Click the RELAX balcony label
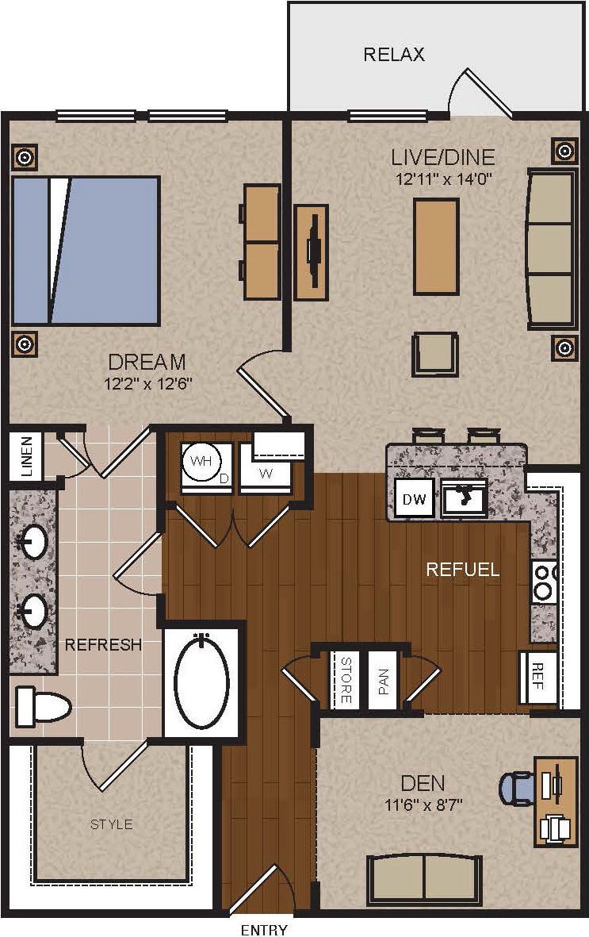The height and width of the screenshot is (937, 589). [x=394, y=55]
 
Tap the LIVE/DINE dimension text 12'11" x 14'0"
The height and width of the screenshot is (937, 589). [x=445, y=179]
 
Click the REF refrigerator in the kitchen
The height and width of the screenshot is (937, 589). [x=537, y=678]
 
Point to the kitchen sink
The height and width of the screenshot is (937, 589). [x=463, y=497]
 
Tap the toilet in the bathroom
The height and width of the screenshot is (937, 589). [x=44, y=705]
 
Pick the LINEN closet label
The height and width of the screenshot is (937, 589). [x=26, y=455]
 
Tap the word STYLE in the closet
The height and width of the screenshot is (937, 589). [x=111, y=824]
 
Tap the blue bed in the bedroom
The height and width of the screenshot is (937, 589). [x=86, y=250]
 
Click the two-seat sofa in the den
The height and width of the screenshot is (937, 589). [x=424, y=878]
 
